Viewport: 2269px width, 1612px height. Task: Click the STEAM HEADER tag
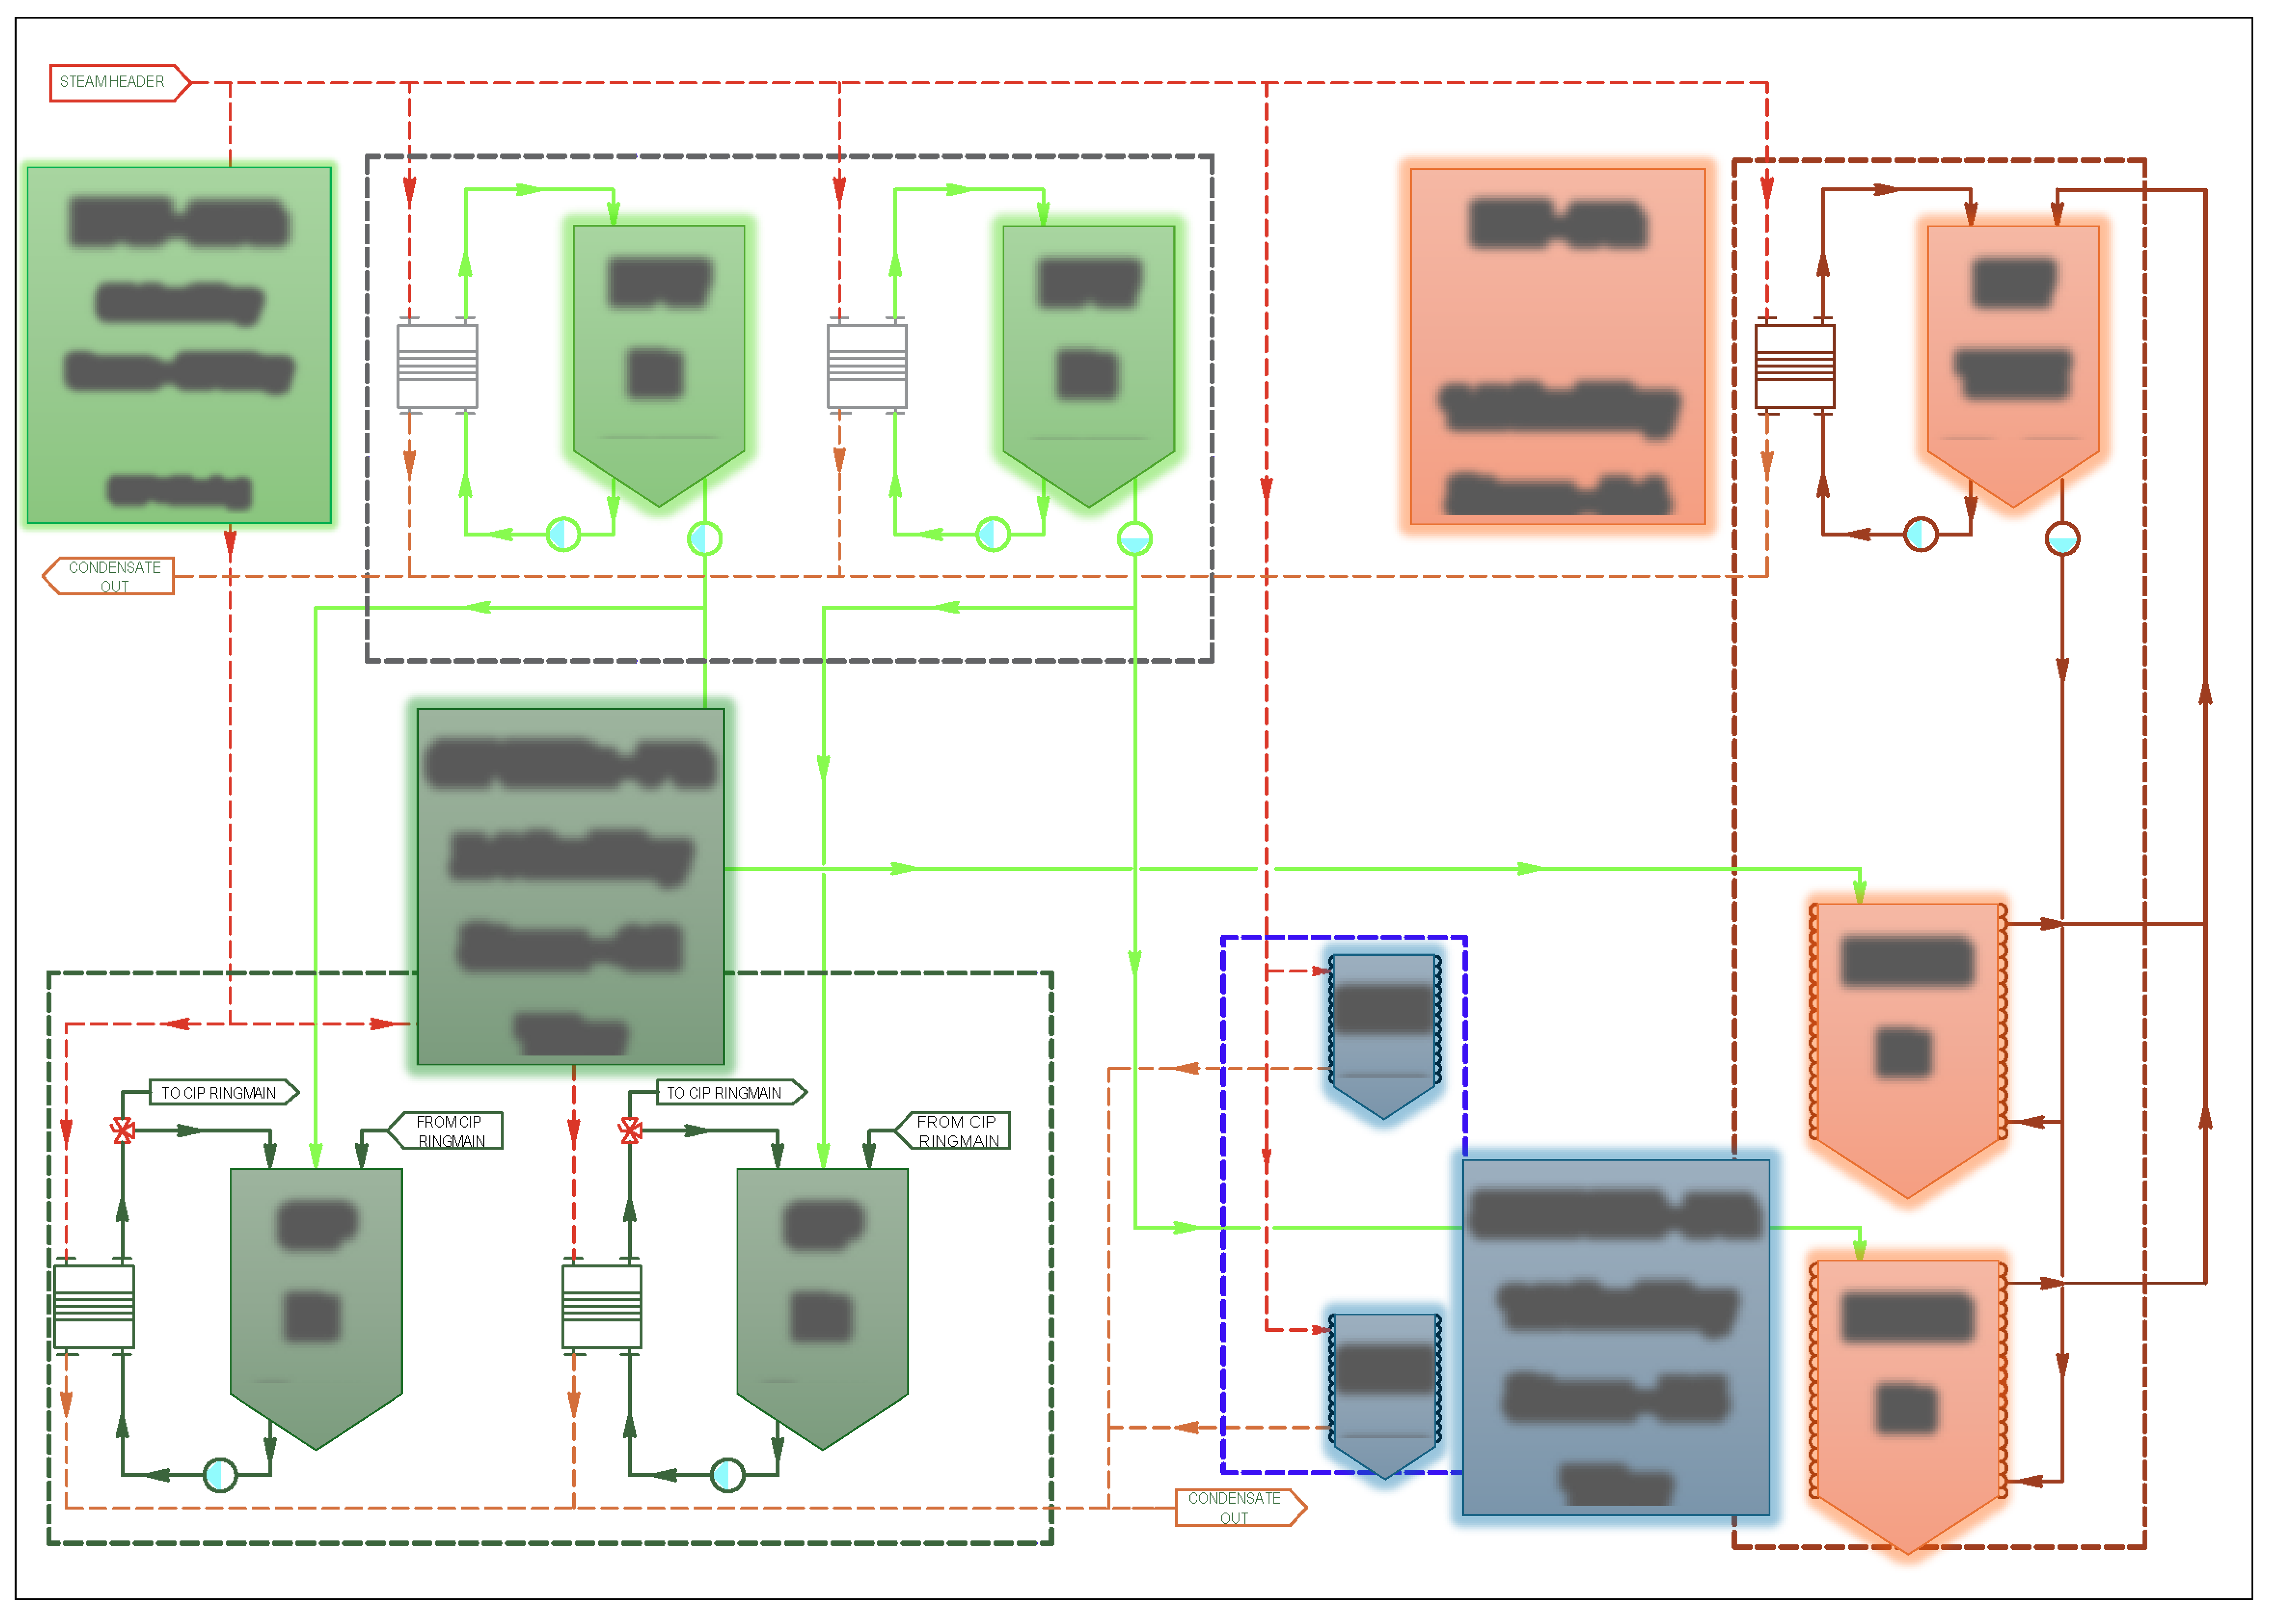tap(114, 82)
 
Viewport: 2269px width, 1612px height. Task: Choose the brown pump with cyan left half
tap(1921, 534)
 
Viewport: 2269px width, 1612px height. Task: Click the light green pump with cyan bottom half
tap(1134, 539)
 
